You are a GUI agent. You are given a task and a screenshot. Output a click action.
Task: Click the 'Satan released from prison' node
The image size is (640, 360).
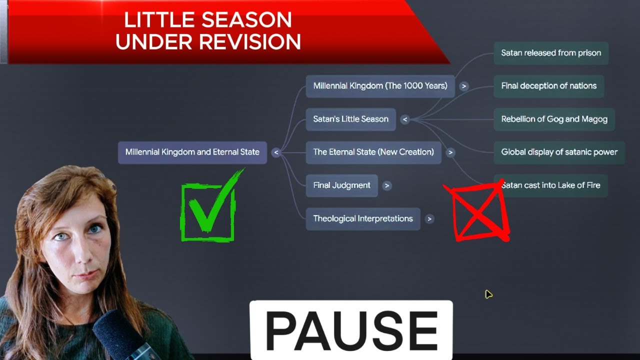coord(551,53)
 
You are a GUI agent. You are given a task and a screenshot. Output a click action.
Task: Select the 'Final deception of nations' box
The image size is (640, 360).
coord(548,86)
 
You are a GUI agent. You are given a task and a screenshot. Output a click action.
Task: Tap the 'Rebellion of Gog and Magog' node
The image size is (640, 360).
coord(554,119)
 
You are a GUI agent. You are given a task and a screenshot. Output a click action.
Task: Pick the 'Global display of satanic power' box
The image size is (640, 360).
coord(559,152)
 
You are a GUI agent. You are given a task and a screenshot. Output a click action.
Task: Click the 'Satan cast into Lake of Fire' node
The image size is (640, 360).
coord(550,185)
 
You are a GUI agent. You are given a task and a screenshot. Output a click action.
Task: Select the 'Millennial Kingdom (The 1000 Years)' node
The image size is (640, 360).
coord(380,86)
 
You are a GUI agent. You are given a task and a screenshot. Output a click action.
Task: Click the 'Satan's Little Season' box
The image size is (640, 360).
coord(350,119)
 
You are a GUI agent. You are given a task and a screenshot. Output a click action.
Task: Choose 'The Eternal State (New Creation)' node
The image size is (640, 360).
coord(373,152)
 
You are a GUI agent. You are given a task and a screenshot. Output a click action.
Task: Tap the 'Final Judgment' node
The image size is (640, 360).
coord(341,185)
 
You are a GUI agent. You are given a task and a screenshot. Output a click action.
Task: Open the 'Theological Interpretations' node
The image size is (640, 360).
coord(362,218)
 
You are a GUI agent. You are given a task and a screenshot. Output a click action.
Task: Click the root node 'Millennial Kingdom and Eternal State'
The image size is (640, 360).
coord(192,152)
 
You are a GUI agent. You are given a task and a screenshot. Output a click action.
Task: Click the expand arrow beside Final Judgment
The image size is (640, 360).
coord(386,186)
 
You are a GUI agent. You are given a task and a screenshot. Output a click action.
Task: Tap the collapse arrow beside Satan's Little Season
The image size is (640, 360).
coord(405,119)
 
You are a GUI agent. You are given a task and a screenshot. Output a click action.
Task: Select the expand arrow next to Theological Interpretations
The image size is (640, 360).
coord(429,219)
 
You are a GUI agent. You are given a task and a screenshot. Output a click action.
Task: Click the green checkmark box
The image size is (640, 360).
coord(207,211)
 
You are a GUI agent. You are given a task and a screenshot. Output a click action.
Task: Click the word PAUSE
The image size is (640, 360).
coord(351,330)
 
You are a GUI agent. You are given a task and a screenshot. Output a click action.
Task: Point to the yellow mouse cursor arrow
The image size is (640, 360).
coord(488,294)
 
